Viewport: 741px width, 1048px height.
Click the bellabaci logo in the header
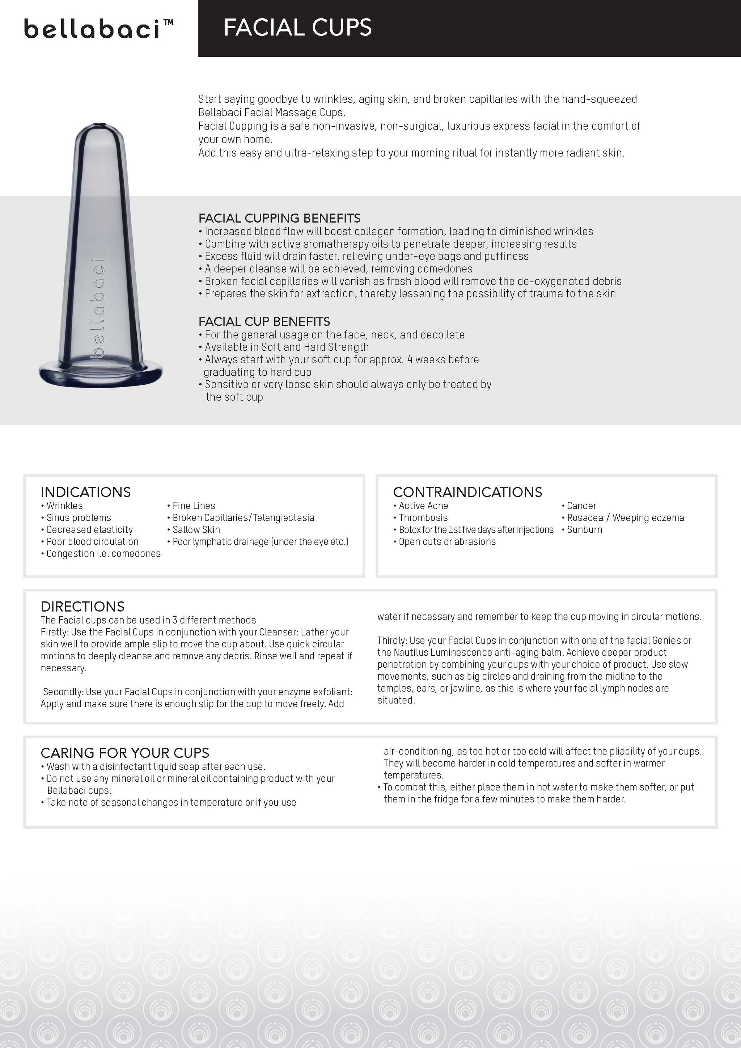98,28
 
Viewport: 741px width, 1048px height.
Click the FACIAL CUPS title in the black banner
297,28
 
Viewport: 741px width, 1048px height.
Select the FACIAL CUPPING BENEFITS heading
279,218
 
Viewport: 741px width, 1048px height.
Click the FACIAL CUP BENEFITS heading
264,321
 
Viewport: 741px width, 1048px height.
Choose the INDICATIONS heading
86,492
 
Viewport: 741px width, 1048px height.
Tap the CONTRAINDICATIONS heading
467,492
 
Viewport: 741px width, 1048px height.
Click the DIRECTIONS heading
82,607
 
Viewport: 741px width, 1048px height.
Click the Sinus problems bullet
79,517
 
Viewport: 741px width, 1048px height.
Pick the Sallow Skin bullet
196,529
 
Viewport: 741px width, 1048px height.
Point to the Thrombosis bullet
423,517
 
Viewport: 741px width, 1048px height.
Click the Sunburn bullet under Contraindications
584,529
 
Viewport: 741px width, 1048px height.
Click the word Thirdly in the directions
391,641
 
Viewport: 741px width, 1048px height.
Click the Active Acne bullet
423,506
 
